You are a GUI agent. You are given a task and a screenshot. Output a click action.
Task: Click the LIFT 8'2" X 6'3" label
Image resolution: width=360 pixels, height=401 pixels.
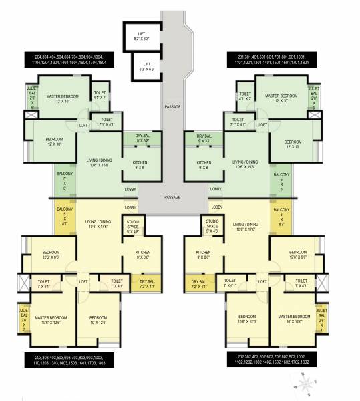[x=141, y=36]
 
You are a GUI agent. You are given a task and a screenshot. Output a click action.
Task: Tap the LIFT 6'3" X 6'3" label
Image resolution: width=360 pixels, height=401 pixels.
[x=146, y=66]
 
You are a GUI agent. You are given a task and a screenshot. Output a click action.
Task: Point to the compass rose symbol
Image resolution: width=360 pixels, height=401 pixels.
[x=306, y=384]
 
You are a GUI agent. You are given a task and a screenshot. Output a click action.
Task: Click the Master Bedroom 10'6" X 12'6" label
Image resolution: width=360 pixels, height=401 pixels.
[x=47, y=320]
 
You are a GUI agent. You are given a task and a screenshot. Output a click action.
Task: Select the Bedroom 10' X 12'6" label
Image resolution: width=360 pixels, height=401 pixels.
[x=98, y=320]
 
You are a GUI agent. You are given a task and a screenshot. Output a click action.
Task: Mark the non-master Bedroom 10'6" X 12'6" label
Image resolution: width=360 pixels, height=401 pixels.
[x=246, y=320]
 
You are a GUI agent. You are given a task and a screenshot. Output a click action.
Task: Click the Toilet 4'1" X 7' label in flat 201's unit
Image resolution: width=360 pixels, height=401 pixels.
[x=245, y=96]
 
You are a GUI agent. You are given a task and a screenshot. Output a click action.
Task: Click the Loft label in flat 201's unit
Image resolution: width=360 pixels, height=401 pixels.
[x=262, y=125]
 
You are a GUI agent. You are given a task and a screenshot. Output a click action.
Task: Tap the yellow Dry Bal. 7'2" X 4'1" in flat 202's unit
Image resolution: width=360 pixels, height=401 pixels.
[x=198, y=284]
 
